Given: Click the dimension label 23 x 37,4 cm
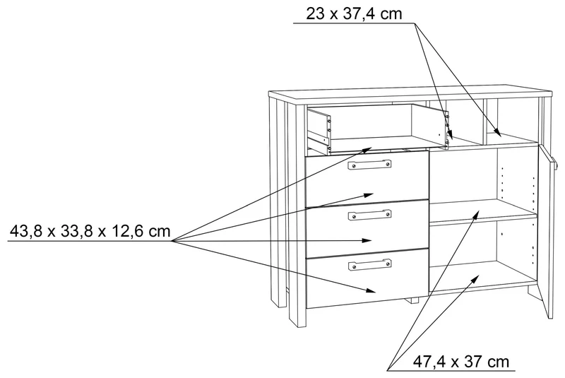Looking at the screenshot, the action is tap(355, 14).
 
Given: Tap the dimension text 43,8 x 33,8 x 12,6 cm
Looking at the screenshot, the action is tap(90, 231).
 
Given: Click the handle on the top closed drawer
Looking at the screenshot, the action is tap(369, 165).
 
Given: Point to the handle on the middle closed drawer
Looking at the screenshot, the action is tap(369, 215).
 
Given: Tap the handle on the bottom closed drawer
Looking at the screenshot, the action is tap(369, 265).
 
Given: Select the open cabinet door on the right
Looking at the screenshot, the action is tap(546, 230).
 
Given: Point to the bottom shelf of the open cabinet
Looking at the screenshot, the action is tap(483, 278).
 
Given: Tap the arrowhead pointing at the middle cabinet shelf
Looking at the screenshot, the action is tap(476, 214).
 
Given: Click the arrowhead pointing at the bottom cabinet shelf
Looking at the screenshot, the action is tap(476, 278).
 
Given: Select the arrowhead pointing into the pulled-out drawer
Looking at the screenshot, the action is tap(367, 149).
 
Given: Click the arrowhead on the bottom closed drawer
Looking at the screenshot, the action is tap(371, 290).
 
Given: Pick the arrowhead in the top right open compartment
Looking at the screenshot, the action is tap(496, 133).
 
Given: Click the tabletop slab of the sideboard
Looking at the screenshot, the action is tap(410, 94).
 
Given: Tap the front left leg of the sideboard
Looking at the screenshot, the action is tap(297, 216).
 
